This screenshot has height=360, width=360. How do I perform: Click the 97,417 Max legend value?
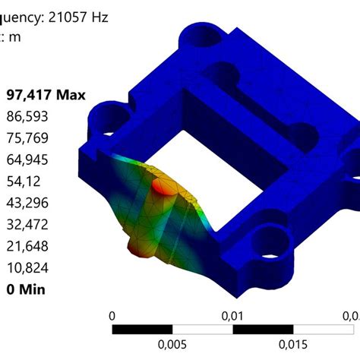point(46,95)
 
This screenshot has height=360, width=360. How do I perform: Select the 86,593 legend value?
point(28,117)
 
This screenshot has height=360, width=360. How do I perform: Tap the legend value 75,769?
point(28,138)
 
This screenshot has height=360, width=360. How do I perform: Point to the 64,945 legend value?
point(28,159)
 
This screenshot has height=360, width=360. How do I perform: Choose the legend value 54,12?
point(24,182)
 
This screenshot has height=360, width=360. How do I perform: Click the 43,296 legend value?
point(28,203)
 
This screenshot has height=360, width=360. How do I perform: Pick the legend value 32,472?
point(28,225)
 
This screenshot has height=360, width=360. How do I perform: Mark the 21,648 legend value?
point(28,246)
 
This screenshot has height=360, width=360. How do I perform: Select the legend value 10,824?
point(28,267)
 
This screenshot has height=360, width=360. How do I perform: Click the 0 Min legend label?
point(26,289)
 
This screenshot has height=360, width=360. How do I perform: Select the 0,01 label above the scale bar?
point(232,315)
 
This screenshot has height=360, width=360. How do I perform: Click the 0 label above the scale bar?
point(112,315)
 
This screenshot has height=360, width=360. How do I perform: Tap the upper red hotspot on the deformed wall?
point(162,186)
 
